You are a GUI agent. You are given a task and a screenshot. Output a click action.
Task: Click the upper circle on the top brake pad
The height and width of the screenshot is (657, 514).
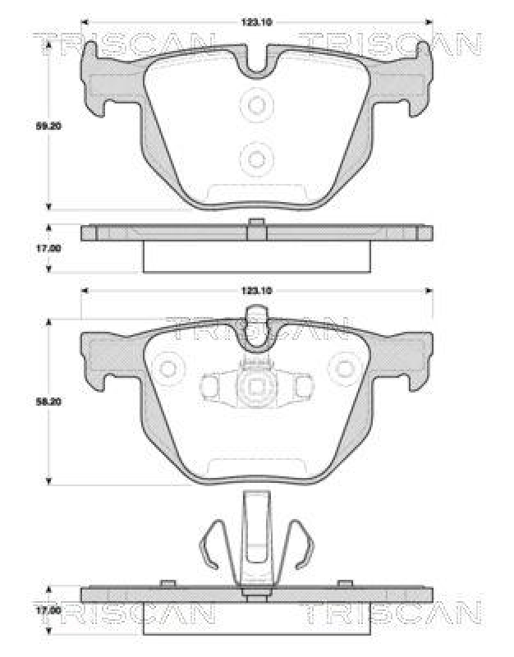257,105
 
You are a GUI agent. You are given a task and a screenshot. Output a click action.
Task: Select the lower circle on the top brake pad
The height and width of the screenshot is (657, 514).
257,158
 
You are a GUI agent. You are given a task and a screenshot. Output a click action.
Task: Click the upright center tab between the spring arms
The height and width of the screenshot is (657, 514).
257,534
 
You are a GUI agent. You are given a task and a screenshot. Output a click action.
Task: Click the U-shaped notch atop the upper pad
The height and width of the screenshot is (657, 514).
257,62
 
